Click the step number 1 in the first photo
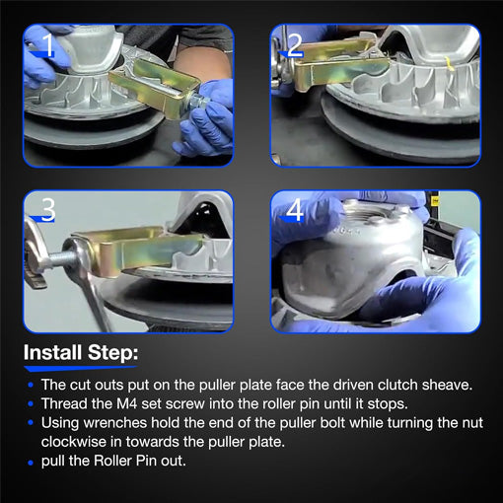coord(48,44)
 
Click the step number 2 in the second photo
coord(295,44)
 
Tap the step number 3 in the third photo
coord(48,209)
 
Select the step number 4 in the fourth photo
coord(295,210)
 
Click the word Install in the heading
coord(52,352)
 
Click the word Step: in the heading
coord(112,353)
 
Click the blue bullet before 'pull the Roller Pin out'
coord(31,463)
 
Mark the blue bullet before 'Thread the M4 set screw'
coord(31,403)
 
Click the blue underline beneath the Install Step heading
coord(81,368)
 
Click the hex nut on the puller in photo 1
coord(195,100)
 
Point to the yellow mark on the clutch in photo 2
coord(450,64)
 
